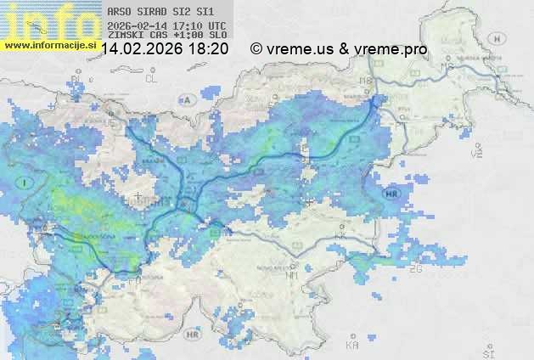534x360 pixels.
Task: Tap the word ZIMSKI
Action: [123, 36]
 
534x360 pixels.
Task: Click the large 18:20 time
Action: [208, 49]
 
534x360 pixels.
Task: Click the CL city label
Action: [152, 78]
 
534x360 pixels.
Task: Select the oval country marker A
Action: [188, 99]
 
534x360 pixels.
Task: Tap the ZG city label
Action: [416, 268]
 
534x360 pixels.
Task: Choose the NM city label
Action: [292, 275]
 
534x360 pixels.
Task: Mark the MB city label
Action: [367, 81]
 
